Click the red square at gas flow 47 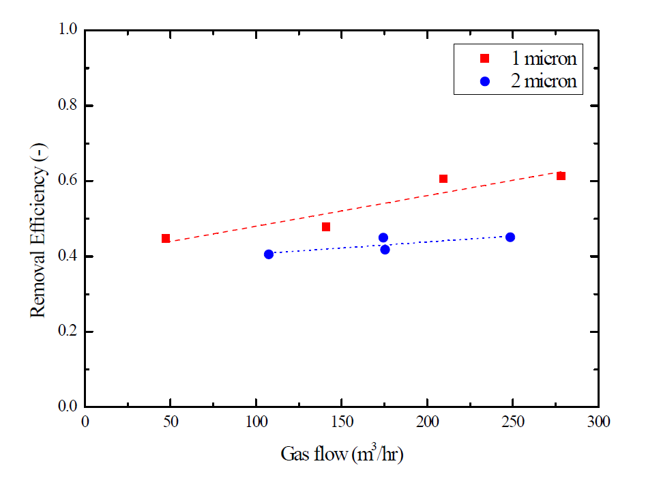[x=166, y=238]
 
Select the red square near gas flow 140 [x=326, y=226]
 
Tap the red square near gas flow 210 [x=443, y=179]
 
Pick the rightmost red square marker [x=561, y=176]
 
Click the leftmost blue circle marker [x=269, y=254]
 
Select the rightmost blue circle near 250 [x=510, y=237]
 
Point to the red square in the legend [x=485, y=59]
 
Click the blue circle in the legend [x=485, y=81]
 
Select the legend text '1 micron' [x=544, y=59]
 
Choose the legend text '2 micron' [x=544, y=81]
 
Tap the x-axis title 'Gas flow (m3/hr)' [x=342, y=454]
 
